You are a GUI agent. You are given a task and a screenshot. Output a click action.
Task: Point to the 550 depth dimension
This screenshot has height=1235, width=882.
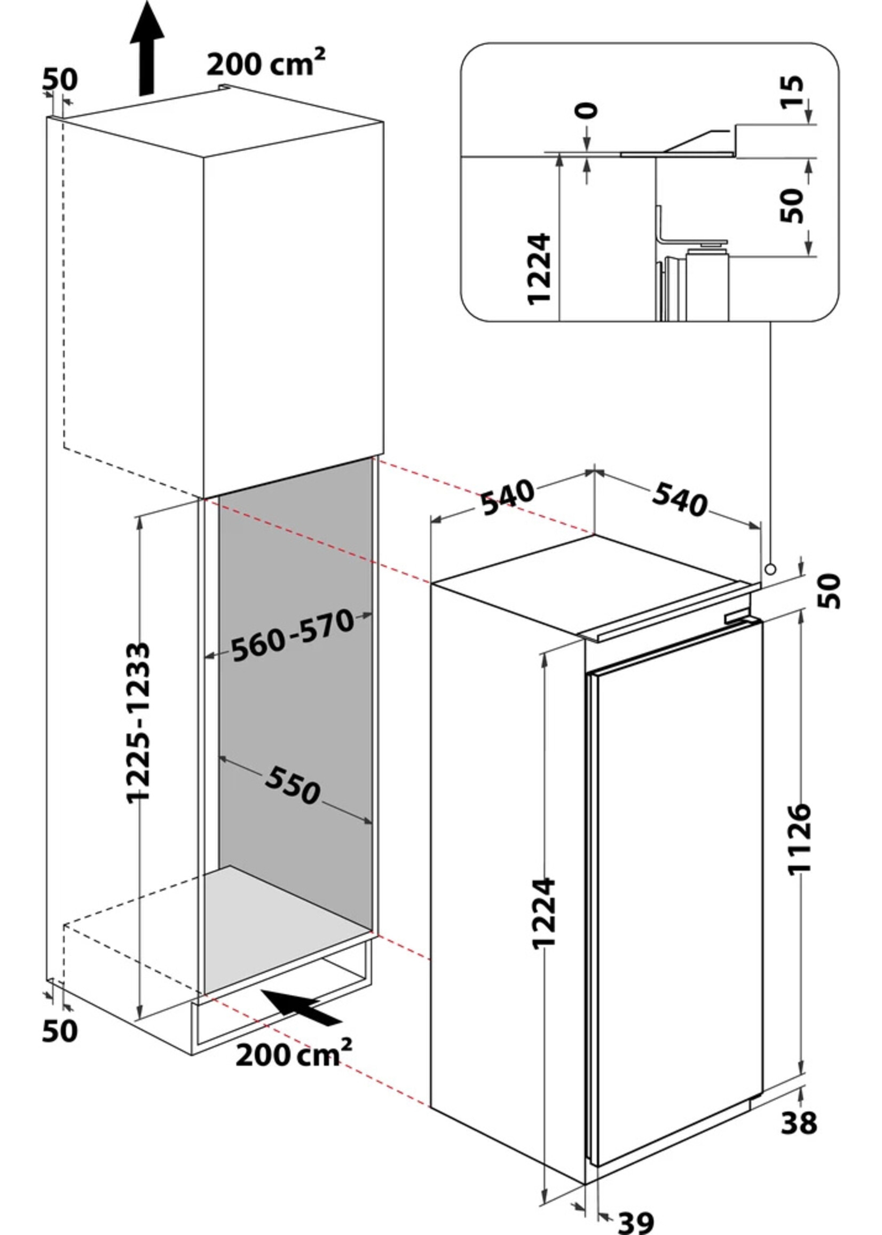tap(293, 785)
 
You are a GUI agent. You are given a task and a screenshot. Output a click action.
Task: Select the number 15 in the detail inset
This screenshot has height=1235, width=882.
tap(792, 92)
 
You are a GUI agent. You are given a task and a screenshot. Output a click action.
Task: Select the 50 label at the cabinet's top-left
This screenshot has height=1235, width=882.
tap(60, 80)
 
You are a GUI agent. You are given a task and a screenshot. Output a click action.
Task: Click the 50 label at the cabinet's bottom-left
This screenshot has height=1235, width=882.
tap(60, 1031)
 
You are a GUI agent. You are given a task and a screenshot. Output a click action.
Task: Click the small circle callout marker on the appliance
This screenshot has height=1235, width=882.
tap(769, 569)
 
